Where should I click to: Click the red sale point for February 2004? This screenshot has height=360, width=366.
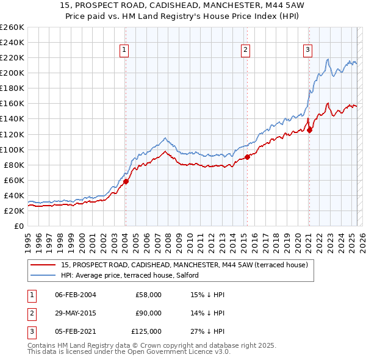(126, 181)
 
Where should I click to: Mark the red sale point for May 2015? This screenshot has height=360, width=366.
(248, 157)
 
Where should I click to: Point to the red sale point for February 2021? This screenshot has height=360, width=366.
(309, 129)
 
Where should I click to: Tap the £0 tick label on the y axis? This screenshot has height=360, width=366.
(18, 226)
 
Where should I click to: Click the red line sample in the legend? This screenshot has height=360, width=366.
(43, 265)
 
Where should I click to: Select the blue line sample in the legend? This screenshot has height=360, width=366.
(43, 275)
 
